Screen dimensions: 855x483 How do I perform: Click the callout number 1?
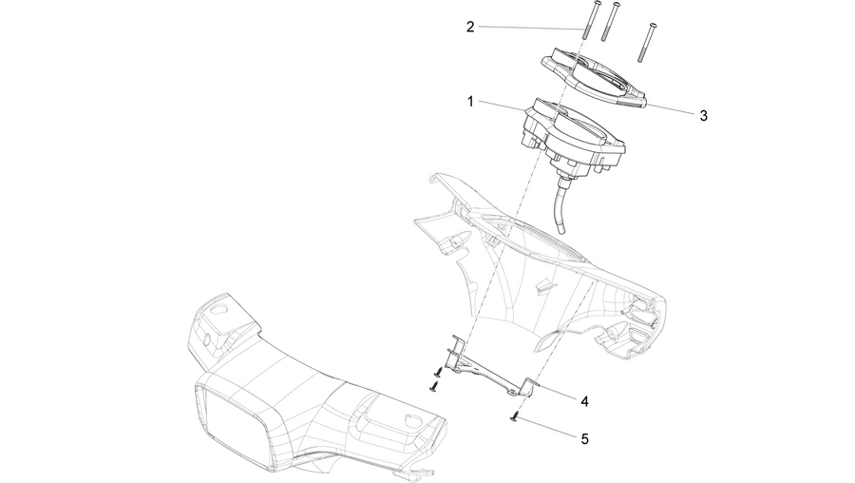470,102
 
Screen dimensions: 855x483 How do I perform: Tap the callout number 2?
470,27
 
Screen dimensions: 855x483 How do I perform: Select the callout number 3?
703,116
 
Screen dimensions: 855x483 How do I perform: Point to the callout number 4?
584,401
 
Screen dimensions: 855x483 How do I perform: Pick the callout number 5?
584,439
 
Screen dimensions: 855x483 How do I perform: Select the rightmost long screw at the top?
646,43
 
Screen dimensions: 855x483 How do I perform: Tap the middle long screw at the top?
610,21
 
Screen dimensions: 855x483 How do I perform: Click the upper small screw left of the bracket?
438,372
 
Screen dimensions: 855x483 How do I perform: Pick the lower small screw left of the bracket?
434,387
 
